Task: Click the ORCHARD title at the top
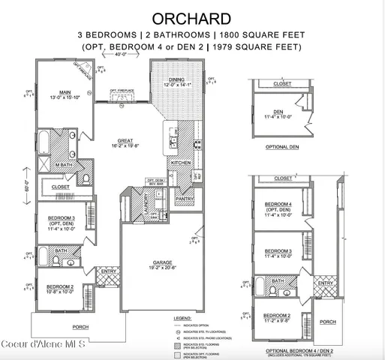click(192, 16)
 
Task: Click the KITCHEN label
click(182, 163)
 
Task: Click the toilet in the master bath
click(85, 178)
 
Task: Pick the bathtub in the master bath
click(43, 142)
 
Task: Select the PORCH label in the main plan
click(80, 326)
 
